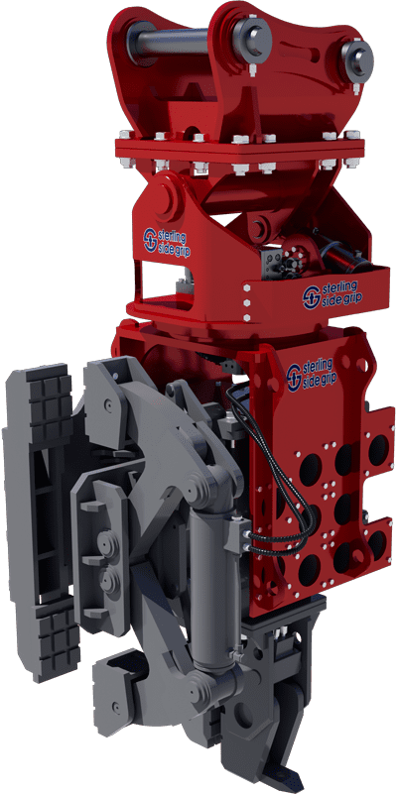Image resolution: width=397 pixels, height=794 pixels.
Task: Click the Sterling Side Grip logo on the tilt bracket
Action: point(164,242)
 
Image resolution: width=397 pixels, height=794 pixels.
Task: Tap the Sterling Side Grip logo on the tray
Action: point(332,295)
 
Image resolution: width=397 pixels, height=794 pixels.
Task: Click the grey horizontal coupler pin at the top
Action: point(168,40)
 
